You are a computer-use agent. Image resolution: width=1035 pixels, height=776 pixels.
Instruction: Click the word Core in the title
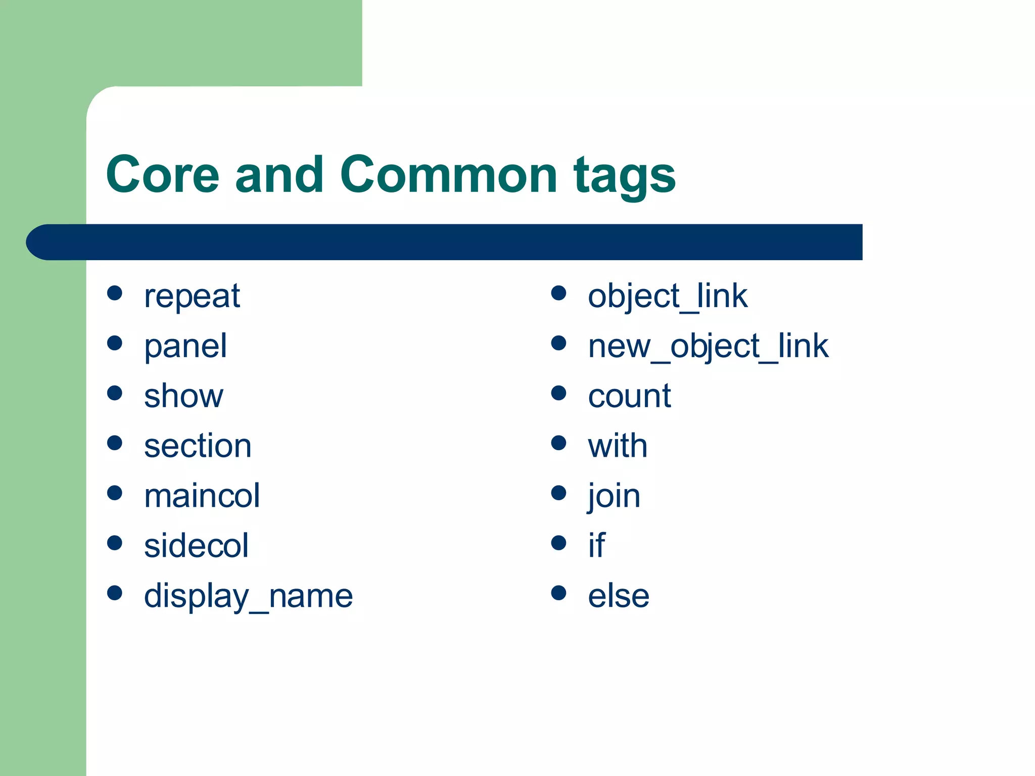pos(162,174)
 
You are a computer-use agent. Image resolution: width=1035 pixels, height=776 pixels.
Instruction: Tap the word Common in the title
pos(448,174)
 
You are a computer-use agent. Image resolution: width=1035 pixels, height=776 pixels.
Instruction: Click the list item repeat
pos(192,297)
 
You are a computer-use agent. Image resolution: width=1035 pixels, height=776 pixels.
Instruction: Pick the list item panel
pos(185,347)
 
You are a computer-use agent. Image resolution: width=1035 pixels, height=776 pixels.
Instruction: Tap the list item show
pos(183,396)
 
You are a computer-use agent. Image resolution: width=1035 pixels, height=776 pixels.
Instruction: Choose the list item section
pos(198,446)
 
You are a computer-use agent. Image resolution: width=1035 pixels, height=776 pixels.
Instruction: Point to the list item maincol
pos(202,496)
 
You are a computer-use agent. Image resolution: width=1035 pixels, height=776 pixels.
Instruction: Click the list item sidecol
pos(196,546)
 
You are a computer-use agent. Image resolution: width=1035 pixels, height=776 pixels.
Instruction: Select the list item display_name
pos(248,596)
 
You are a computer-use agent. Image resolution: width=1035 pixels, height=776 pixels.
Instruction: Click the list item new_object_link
pos(708,347)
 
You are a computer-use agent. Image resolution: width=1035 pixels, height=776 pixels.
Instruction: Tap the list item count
pos(629,396)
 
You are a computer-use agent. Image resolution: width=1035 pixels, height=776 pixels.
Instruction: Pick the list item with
pos(617,446)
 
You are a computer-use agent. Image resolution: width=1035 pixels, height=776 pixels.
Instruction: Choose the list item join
pos(614,496)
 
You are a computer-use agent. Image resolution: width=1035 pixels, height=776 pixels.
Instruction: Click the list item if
pos(596,546)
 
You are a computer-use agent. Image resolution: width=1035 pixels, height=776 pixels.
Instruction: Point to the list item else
pos(619,596)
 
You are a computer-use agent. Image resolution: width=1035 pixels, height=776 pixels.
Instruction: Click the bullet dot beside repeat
pos(115,293)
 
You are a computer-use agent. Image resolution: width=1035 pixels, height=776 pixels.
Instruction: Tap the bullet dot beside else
pos(558,593)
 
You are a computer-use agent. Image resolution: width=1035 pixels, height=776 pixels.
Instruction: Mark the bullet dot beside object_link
pos(558,293)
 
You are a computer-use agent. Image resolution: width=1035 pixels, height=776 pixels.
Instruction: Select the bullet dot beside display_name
pos(115,593)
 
